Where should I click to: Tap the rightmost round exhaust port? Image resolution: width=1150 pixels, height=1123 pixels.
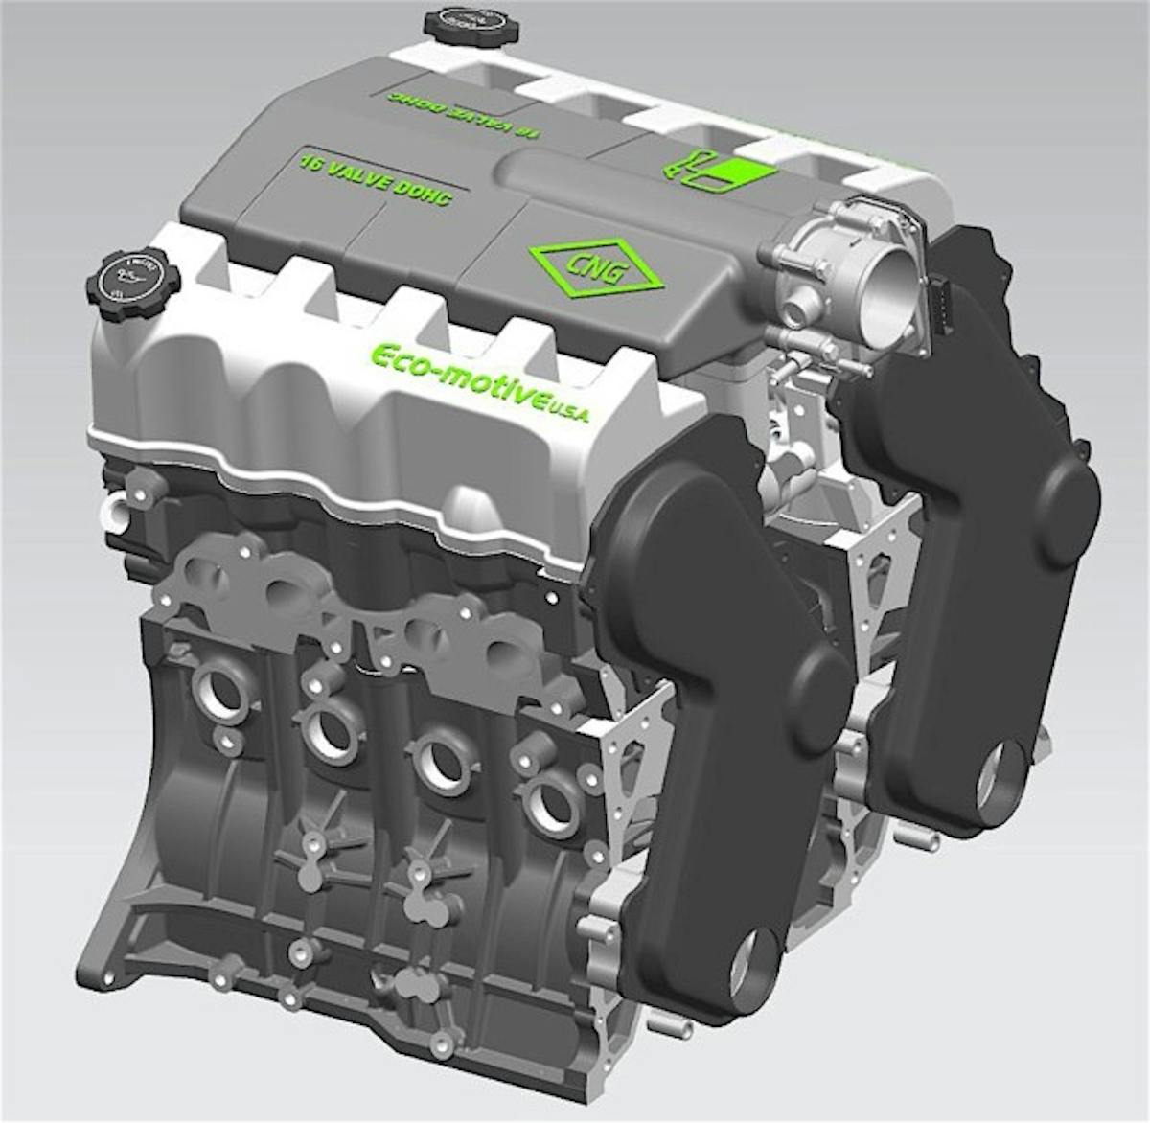[x=551, y=803]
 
